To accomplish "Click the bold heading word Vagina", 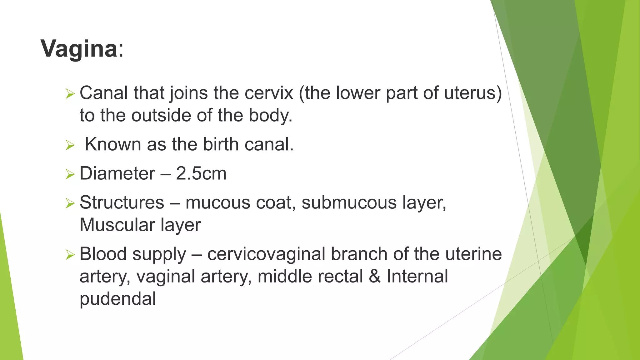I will pos(79,49).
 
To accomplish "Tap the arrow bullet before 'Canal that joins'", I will pos(70,94).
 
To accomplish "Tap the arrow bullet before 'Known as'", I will pos(70,145).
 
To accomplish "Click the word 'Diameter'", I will pos(117,173).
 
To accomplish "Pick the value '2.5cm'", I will pos(201,173).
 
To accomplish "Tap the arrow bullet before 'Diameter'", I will pos(70,174).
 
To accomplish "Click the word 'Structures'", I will pos(122,202).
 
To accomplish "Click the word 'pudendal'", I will pos(118,299).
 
